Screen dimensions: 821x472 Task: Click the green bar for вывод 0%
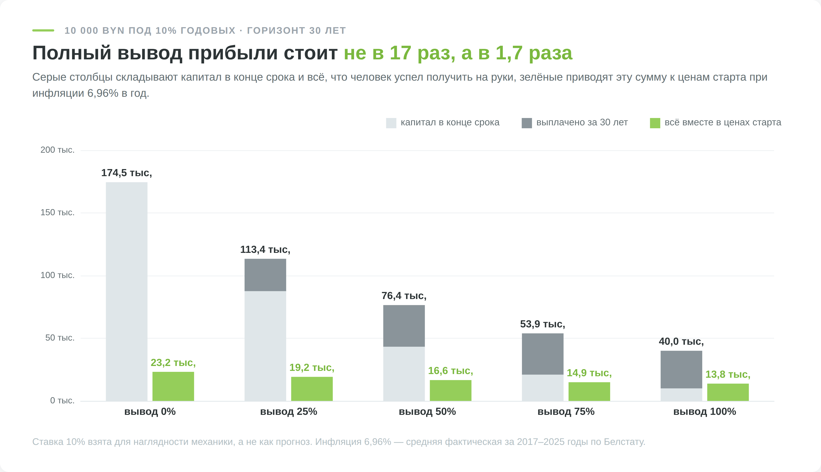173,386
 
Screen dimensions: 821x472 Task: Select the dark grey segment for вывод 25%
265,275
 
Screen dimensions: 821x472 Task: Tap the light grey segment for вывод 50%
404,374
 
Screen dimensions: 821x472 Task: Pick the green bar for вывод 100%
728,392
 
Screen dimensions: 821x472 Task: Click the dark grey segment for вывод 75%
543,354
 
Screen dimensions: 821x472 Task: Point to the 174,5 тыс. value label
126,173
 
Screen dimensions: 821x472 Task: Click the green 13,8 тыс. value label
728,375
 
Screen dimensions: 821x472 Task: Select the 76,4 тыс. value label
404,296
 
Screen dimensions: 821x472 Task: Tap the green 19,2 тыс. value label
312,368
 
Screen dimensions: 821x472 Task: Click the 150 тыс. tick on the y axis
57,212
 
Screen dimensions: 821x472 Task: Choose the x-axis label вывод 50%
427,412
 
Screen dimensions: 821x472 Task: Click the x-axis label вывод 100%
705,412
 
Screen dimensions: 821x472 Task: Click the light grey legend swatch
391,123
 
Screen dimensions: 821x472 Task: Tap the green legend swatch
655,123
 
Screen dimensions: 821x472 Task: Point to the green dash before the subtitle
43,31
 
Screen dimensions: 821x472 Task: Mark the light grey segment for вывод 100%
681,395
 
